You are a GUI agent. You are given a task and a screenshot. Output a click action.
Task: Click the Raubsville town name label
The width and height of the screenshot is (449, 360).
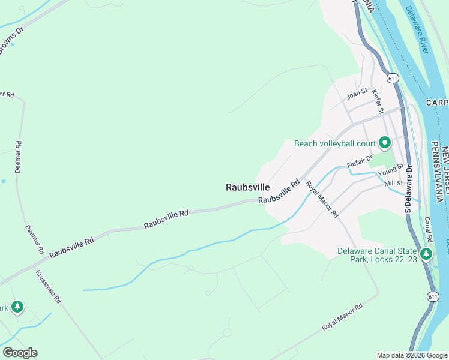pyautogui.click(x=247, y=187)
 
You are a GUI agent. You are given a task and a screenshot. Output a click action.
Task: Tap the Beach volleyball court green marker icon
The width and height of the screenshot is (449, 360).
pyautogui.click(x=384, y=143)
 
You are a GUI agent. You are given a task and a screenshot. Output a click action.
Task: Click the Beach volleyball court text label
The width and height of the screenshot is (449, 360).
pyautogui.click(x=334, y=143)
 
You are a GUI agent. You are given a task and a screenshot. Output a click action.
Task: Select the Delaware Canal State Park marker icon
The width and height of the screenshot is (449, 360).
pyautogui.click(x=427, y=254)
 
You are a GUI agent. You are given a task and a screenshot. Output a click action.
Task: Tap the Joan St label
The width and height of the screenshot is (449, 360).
pyautogui.click(x=357, y=95)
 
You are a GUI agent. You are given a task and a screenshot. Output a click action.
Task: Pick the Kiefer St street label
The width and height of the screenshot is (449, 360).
pyautogui.click(x=377, y=101)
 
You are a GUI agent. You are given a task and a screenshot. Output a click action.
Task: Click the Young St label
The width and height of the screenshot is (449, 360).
pyautogui.click(x=391, y=172)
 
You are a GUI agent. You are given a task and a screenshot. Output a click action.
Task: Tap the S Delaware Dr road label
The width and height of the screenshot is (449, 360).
pyautogui.click(x=407, y=191)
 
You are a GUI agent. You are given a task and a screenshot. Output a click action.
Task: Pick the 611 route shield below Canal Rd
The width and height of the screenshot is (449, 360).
pyautogui.click(x=433, y=296)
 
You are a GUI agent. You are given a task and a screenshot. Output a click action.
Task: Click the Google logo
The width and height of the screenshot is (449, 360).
pyautogui.click(x=20, y=353)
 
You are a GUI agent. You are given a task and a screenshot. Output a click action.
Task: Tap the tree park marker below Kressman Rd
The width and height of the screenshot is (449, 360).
pyautogui.click(x=17, y=307)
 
